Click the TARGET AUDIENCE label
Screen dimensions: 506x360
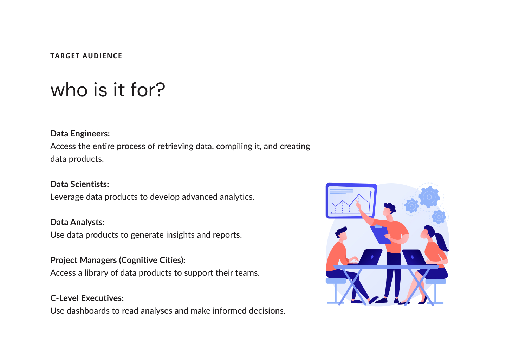(x=86, y=56)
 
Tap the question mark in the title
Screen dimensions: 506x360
(x=161, y=90)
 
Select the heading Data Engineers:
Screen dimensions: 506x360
(x=80, y=134)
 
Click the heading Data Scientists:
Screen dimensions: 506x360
(x=79, y=184)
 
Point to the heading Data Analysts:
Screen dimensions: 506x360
(x=77, y=222)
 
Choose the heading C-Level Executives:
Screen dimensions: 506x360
(x=87, y=298)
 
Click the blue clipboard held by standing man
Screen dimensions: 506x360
(x=381, y=235)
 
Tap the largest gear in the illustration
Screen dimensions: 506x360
(x=429, y=197)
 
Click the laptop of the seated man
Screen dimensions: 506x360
(x=366, y=257)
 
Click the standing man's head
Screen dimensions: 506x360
(x=389, y=209)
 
